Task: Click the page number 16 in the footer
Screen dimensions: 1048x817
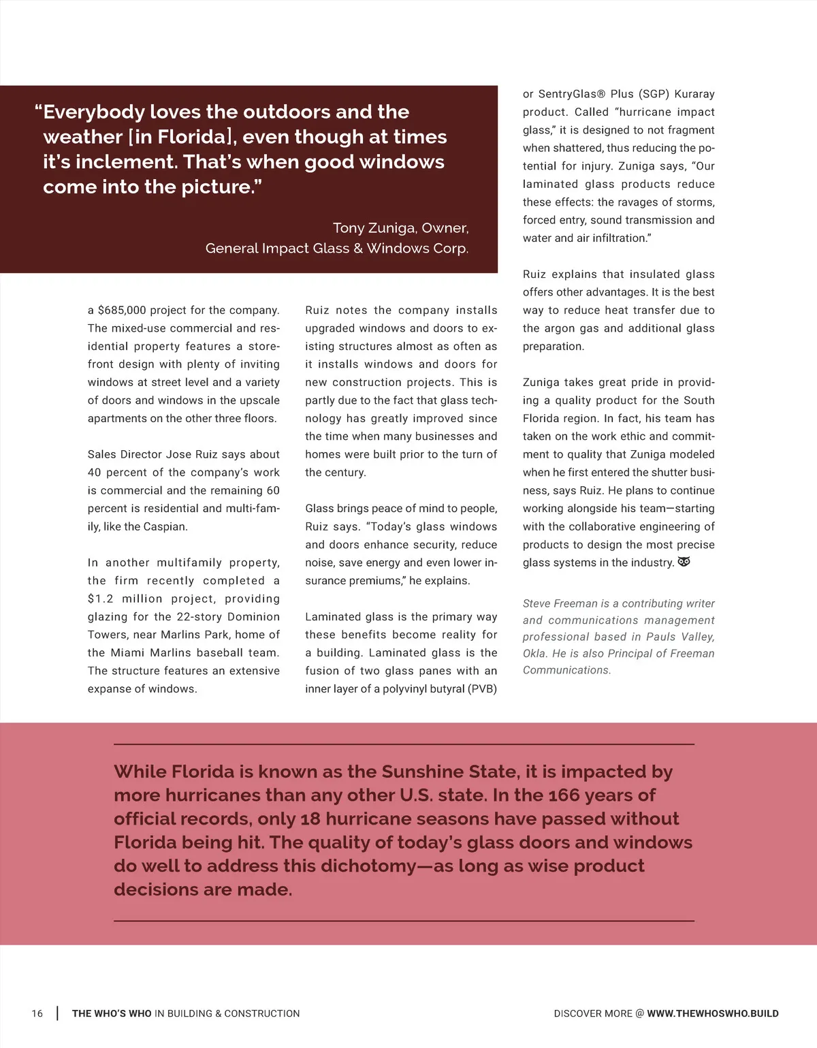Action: [37, 1013]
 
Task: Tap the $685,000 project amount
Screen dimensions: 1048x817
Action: [122, 311]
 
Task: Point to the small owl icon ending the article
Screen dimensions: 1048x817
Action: [684, 562]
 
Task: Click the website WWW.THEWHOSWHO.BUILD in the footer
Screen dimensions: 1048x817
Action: [712, 1013]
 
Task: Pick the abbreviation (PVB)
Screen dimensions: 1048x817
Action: [482, 689]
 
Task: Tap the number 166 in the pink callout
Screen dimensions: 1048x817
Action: [564, 795]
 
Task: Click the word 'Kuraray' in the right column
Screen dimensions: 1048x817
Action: [694, 94]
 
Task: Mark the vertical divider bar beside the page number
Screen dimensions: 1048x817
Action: [57, 1013]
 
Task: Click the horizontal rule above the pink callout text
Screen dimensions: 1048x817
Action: [404, 744]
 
